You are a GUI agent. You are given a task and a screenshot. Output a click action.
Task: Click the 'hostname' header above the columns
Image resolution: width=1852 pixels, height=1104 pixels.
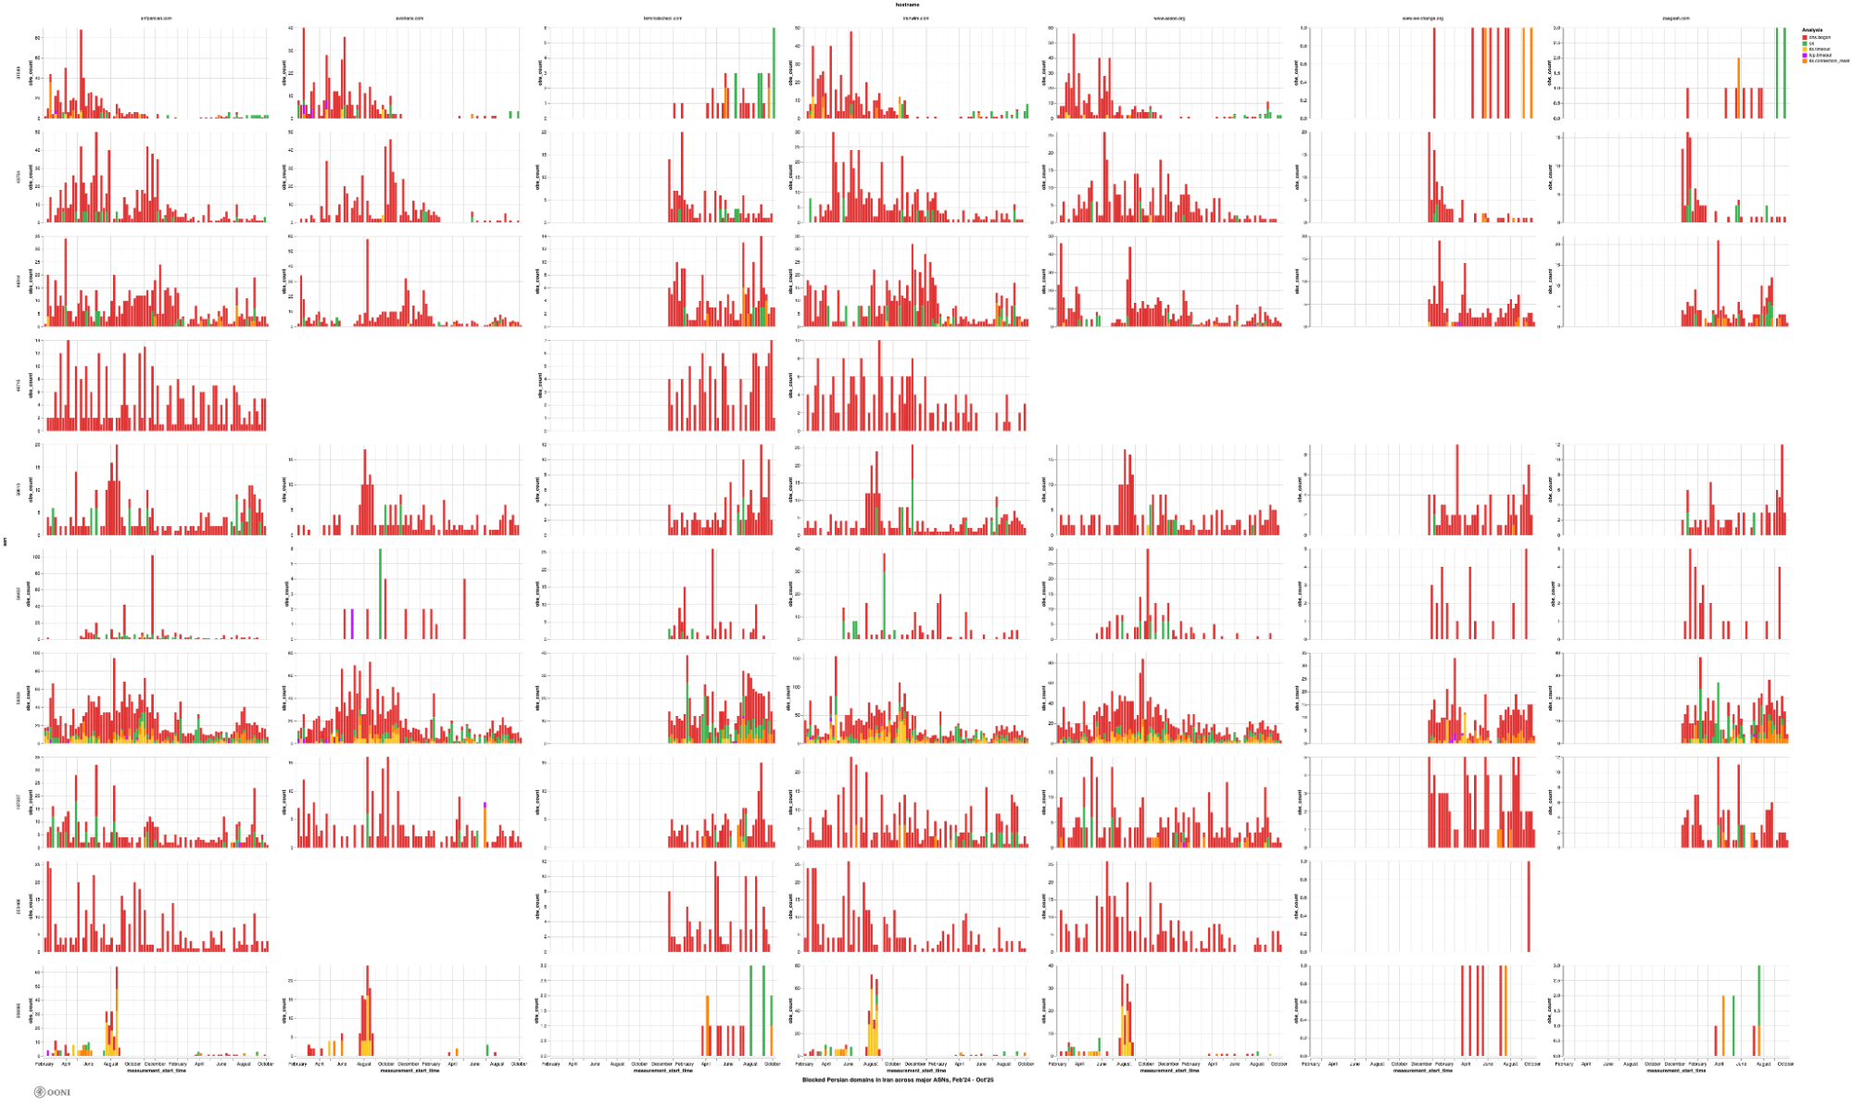coord(907,5)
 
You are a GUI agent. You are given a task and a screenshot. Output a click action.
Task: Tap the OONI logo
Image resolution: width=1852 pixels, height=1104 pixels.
coord(52,1092)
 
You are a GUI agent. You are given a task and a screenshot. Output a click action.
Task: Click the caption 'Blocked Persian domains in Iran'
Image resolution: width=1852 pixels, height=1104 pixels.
coord(898,1080)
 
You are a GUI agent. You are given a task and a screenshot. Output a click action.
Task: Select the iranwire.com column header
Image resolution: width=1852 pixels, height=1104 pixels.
coord(915,19)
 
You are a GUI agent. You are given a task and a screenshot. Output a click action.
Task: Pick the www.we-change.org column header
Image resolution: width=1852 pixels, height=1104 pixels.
coord(1421,19)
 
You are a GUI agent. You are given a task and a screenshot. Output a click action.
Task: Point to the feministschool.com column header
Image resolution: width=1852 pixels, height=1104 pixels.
coord(662,19)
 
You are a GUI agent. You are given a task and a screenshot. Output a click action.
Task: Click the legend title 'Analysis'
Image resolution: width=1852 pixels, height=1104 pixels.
coord(1812,31)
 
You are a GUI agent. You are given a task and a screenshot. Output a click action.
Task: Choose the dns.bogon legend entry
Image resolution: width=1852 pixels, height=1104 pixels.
coord(1820,37)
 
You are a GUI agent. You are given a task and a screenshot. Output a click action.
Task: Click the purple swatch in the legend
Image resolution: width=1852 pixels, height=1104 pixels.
coord(1805,56)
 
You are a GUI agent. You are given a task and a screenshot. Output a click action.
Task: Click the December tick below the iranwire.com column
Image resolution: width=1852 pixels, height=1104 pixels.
coord(914,1064)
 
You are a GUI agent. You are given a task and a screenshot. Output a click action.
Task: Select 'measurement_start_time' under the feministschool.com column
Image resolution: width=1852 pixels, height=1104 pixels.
coord(662,1071)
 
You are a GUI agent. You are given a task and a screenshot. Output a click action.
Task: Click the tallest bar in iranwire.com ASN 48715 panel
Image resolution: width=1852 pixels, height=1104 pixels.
coord(879,386)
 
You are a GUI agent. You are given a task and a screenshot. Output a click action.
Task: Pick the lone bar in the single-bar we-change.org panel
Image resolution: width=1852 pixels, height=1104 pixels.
coord(1528,907)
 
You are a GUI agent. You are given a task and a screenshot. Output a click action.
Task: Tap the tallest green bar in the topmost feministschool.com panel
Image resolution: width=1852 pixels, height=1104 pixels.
coord(774,73)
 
